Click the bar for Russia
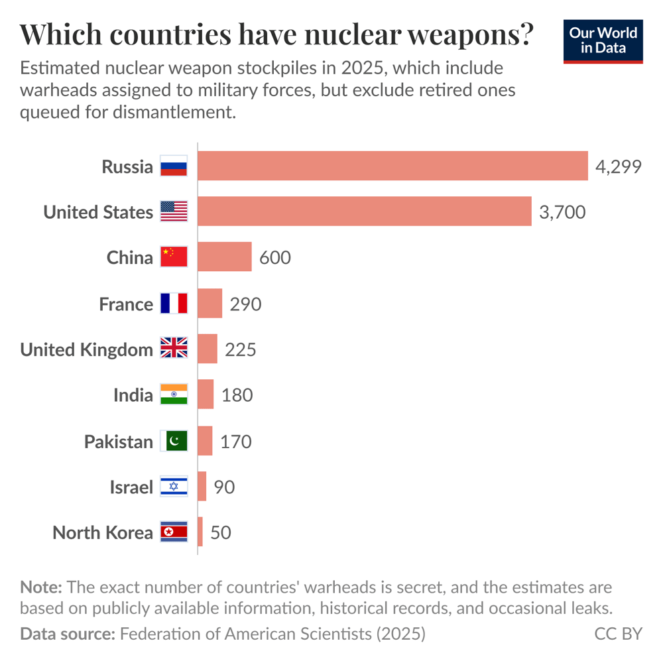coord(392,166)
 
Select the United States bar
coord(365,211)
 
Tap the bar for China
coord(225,257)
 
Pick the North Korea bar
coord(200,532)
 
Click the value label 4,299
coord(618,166)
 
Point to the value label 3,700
coord(562,212)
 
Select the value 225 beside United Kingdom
coord(240,349)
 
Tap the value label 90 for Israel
coord(224,487)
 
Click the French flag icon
coord(174,304)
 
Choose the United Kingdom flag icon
coord(174,349)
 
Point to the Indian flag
coord(174,395)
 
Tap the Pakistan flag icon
coord(174,441)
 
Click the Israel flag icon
coord(174,487)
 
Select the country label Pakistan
coord(118,442)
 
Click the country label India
coord(133,396)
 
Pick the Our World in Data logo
coord(603,41)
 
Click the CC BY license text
coord(618,634)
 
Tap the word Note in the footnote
coord(40,587)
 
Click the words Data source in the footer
coord(67,634)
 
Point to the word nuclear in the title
coord(352,35)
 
